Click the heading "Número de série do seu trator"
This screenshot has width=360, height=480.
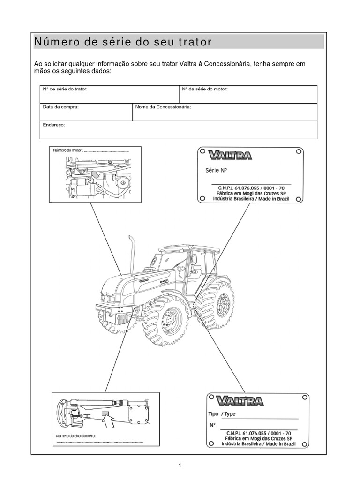[123, 42]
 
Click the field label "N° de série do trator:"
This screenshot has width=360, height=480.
[65, 89]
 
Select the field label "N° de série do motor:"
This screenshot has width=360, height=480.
[205, 89]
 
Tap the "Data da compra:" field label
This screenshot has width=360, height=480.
[61, 107]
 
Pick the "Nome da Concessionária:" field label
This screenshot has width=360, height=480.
[163, 107]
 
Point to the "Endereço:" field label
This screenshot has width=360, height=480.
[54, 125]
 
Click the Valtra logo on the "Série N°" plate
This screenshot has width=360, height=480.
[231, 155]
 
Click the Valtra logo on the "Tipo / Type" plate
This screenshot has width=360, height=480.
[240, 401]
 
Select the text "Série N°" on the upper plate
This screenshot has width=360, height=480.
[216, 171]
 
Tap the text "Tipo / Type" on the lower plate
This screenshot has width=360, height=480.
[222, 414]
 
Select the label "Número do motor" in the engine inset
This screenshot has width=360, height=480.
[67, 150]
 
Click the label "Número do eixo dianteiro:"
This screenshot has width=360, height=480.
[76, 436]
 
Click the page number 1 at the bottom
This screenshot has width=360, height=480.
[180, 465]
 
